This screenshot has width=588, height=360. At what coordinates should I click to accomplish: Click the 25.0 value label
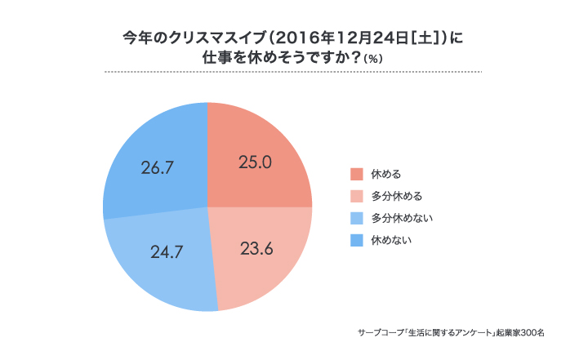tap(255, 162)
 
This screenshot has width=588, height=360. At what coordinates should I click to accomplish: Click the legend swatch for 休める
tap(356, 174)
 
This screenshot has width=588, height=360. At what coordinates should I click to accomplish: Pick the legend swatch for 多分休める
tap(356, 196)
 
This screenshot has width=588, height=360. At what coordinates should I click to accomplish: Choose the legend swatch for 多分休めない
tap(356, 218)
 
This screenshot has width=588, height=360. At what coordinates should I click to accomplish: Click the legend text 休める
tap(386, 174)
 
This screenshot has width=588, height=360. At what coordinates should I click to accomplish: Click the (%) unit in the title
tap(375, 59)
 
